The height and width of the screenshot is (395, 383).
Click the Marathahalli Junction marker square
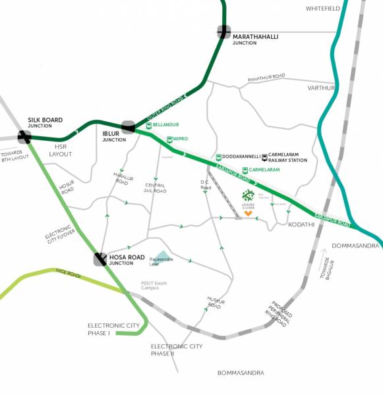224,32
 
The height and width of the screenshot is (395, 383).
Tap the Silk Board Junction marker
24,137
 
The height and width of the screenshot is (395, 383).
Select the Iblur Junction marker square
128,126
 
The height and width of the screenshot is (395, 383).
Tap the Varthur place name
321,88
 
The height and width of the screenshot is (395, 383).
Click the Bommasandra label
241,373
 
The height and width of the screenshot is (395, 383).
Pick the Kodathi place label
302,225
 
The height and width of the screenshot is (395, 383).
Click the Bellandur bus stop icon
149,125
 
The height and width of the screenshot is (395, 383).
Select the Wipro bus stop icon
169,139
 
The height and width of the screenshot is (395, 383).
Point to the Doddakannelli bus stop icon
218,157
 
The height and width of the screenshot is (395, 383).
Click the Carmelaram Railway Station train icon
264,157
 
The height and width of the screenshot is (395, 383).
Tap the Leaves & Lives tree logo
248,196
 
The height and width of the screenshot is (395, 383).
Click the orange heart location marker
248,213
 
